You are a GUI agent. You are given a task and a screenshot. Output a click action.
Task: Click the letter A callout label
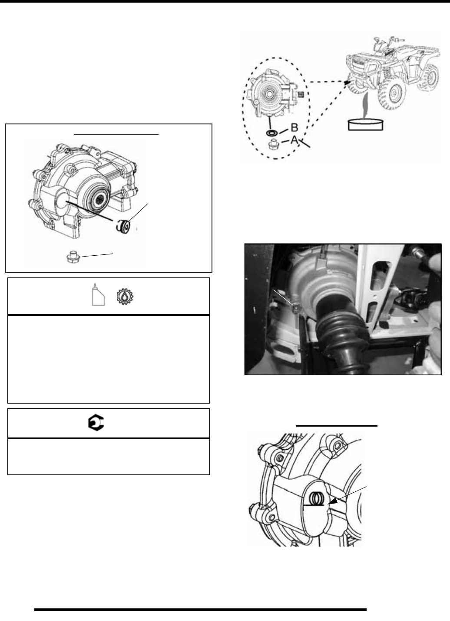coord(294,140)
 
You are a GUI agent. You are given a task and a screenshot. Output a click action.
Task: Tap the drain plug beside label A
coord(273,144)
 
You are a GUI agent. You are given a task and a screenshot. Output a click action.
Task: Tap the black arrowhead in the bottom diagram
coord(332,502)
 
